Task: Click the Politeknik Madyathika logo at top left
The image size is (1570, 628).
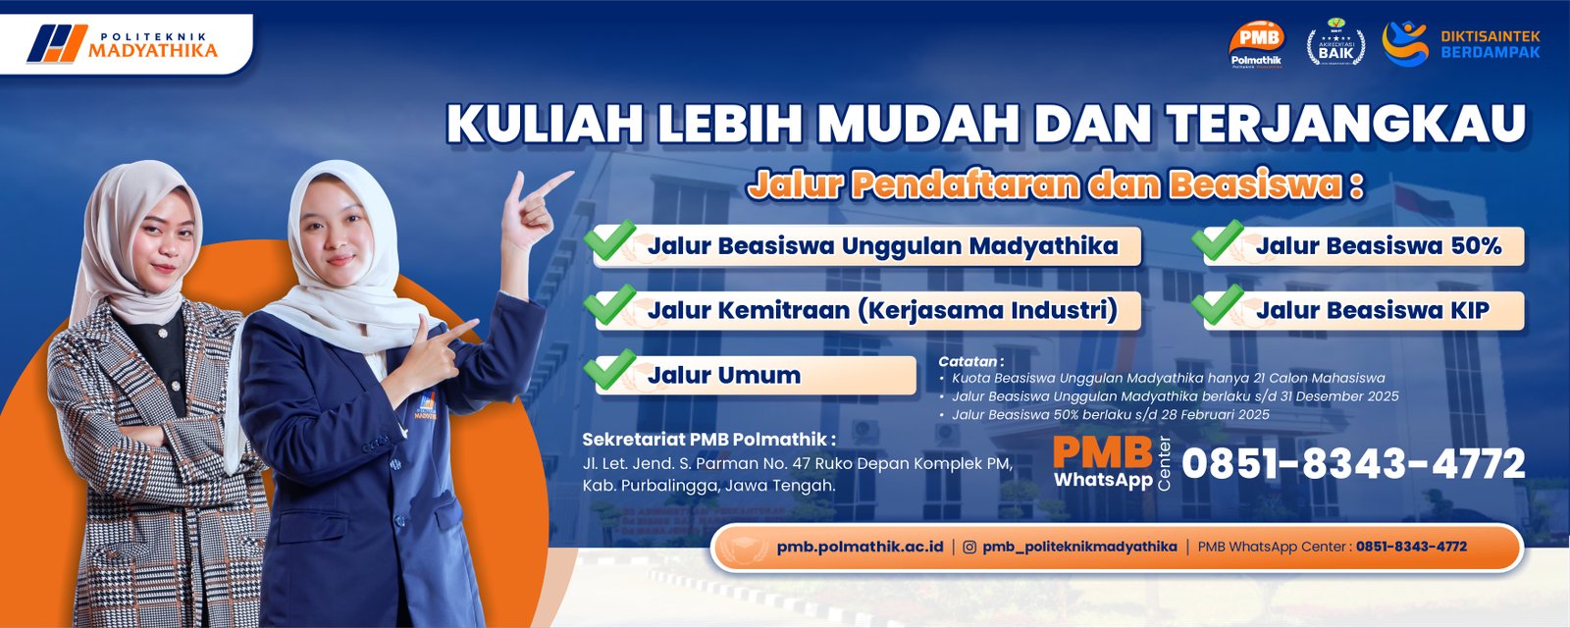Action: tap(123, 43)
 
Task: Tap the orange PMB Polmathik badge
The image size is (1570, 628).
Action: tap(1256, 45)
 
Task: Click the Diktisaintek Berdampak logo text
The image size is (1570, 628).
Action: tap(1490, 44)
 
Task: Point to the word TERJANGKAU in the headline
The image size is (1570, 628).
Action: tap(1347, 125)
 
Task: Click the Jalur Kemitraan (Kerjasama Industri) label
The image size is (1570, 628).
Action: tap(882, 311)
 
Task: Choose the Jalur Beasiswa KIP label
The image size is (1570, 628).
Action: tap(1372, 311)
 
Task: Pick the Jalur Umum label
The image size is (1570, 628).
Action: tap(723, 375)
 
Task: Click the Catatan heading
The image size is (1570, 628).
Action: tap(970, 361)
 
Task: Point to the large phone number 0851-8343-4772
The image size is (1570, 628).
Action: tap(1353, 464)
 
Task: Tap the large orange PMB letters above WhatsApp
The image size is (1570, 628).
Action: tap(1102, 452)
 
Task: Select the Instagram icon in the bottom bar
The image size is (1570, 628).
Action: tap(969, 547)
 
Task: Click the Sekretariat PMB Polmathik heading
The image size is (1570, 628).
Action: tap(708, 439)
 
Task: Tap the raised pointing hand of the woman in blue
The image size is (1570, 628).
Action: tap(535, 203)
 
